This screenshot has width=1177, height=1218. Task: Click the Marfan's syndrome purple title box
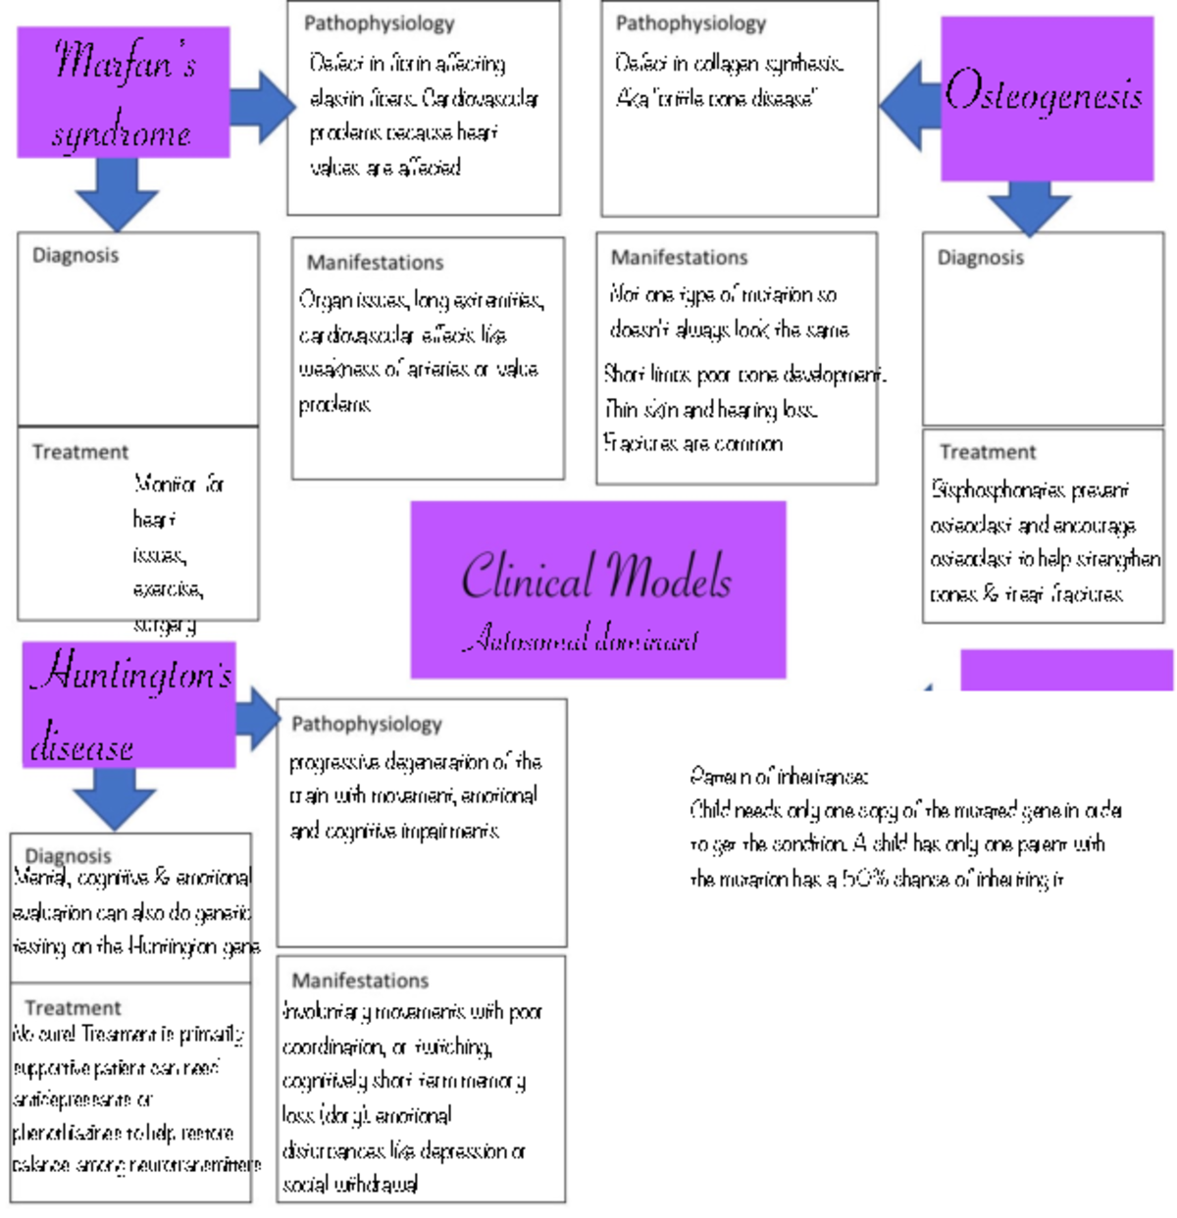124,92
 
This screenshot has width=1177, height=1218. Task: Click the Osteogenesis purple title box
1047,98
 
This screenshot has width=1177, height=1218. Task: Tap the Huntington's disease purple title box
129,704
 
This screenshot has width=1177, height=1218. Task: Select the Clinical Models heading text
596,576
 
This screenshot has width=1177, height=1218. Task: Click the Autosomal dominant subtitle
581,639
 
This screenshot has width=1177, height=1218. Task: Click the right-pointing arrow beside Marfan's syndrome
263,105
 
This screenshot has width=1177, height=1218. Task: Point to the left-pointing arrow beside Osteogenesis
909,105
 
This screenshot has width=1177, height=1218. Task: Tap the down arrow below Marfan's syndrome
117,194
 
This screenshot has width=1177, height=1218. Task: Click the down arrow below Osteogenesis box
1029,208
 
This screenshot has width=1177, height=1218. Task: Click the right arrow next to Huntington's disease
258,718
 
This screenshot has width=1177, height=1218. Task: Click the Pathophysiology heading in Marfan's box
379,24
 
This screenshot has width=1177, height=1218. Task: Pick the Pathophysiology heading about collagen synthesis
691,24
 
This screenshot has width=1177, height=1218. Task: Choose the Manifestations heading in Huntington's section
360,981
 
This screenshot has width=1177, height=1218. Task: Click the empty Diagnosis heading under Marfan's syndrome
76,255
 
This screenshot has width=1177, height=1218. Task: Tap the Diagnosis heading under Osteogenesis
980,257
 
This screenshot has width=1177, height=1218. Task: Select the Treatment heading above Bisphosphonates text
987,452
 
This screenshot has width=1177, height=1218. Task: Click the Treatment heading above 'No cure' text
73,1008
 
